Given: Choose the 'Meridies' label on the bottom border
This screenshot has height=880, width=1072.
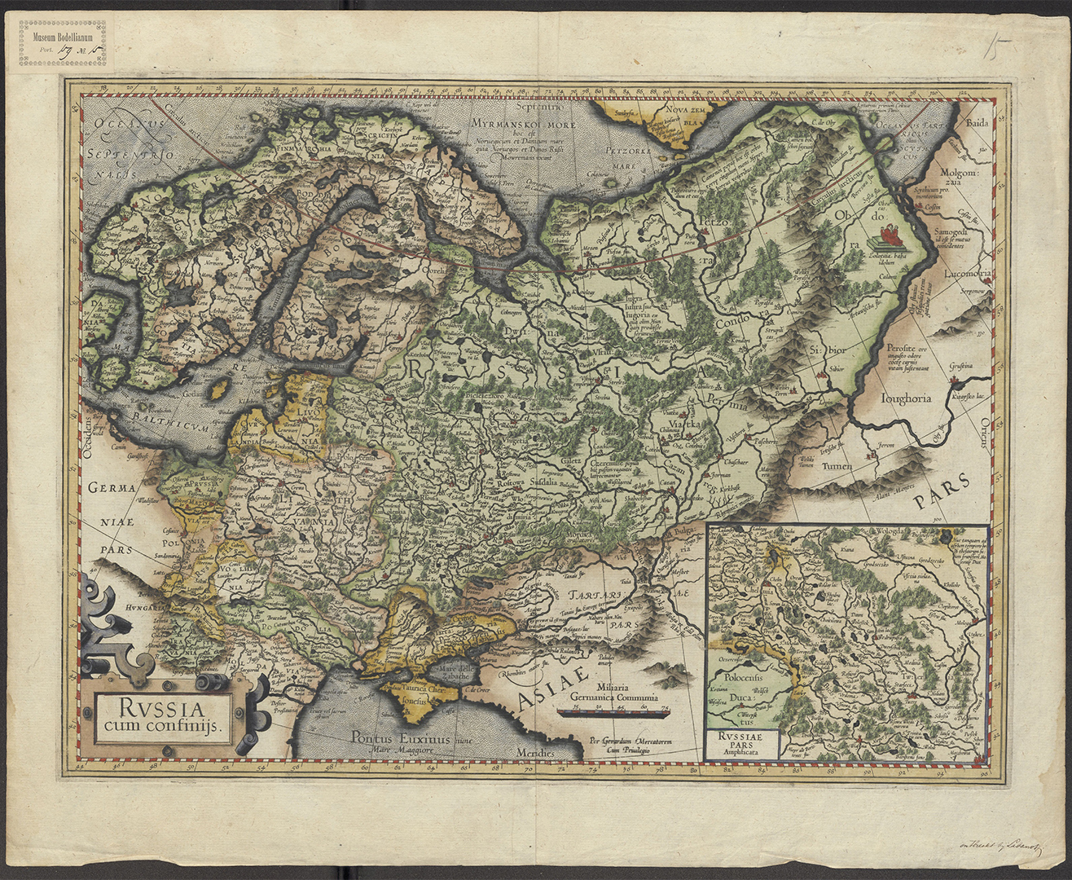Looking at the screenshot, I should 534,754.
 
